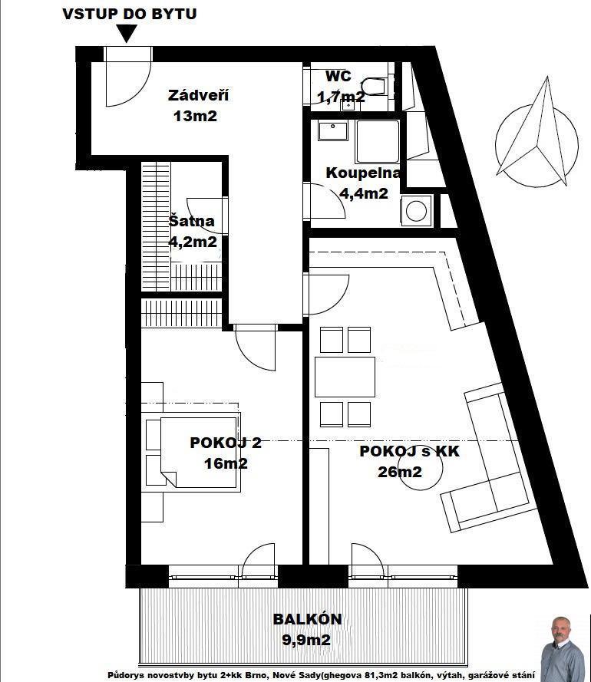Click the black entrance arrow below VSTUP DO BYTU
pos(126,33)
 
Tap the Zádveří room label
pos(198,95)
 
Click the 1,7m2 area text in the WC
pos(342,97)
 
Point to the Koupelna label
pos(362,173)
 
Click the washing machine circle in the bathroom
pos(417,211)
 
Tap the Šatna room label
pos(191,221)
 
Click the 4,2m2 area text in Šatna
pos(193,242)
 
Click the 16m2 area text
pos(226,463)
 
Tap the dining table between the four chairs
pos(345,377)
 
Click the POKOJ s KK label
pos(409,451)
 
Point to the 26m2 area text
pos(400,472)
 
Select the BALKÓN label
pos(307,619)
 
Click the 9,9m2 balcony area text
pos(306,640)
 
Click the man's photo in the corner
pos(563,649)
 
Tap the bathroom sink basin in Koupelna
pos(333,130)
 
